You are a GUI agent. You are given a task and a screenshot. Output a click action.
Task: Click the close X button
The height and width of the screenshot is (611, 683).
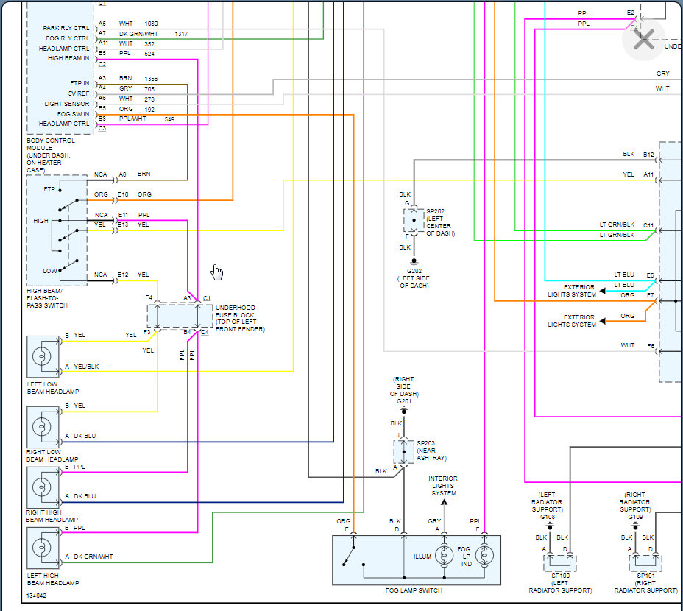point(643,40)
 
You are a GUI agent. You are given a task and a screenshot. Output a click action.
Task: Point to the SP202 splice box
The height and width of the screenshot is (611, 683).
point(414,221)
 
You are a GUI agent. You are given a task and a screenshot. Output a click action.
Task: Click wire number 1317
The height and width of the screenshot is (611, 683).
point(181,34)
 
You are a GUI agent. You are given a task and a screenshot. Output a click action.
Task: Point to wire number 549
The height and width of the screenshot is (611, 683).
point(169,119)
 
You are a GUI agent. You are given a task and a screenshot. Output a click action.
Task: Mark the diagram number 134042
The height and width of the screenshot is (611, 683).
point(36,595)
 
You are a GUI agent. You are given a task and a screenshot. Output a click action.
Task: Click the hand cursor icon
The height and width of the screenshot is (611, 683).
point(216,272)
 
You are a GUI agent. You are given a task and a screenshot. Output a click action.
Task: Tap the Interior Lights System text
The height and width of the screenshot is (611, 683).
point(443,486)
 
